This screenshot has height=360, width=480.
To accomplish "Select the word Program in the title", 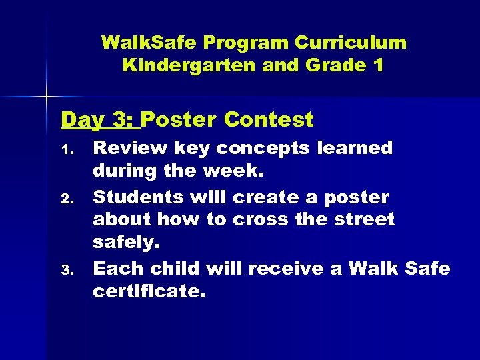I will coord(247,43).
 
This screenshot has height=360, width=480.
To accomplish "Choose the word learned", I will coord(355,148).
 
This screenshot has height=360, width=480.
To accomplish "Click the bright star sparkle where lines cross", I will coord(47,97).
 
